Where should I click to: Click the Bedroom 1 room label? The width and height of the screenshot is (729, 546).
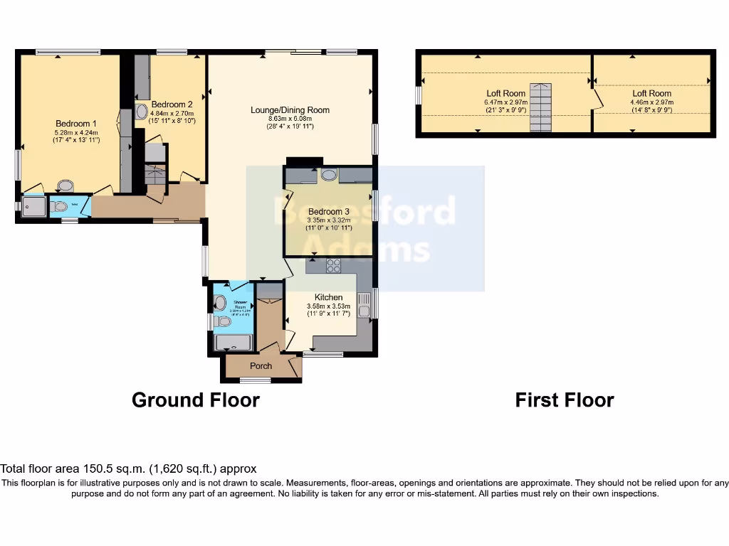(76, 124)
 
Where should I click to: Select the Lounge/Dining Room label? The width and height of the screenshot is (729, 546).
(290, 110)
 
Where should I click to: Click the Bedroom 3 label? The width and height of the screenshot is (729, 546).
(328, 212)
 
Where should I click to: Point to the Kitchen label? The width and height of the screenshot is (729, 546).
(328, 297)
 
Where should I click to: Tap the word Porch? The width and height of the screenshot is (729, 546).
(261, 366)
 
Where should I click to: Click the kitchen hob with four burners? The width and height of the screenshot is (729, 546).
(332, 266)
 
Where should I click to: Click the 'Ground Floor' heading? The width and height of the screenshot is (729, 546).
(195, 400)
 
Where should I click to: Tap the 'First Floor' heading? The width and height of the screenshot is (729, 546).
(564, 400)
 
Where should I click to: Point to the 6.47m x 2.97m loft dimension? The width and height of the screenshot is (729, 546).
(505, 102)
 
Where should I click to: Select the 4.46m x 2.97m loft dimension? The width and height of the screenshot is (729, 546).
(651, 102)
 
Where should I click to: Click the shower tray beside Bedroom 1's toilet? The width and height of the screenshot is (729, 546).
(33, 207)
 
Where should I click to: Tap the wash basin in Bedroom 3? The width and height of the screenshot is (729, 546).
(329, 175)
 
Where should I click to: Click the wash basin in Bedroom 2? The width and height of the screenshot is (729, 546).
(141, 112)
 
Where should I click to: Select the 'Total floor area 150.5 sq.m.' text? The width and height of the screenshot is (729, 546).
(128, 469)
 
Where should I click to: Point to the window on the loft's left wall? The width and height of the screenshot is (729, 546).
(419, 95)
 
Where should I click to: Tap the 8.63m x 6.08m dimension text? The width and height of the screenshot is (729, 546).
(290, 118)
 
